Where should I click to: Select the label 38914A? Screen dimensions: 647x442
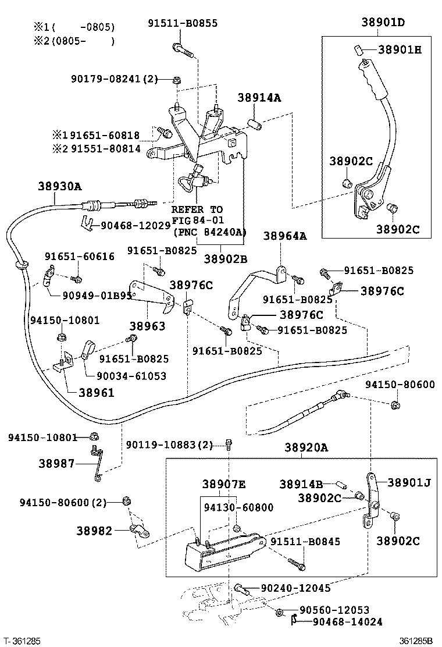[x=259, y=98]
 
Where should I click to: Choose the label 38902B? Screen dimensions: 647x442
[x=226, y=259]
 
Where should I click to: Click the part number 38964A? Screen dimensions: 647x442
[x=284, y=236]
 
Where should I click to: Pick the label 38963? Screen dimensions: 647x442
[x=147, y=326]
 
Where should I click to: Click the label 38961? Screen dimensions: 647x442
[x=92, y=393]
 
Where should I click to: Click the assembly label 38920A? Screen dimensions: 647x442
[x=306, y=447]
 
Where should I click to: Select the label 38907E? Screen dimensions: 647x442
[x=224, y=484]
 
